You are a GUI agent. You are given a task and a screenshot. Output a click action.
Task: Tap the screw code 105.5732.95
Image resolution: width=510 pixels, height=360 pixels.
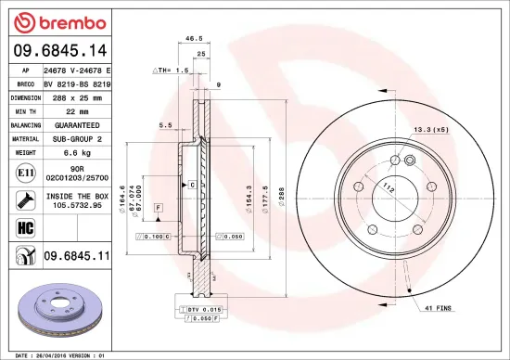pos(77,206)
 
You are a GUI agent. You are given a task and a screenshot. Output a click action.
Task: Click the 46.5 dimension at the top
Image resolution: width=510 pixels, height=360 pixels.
pos(194,39)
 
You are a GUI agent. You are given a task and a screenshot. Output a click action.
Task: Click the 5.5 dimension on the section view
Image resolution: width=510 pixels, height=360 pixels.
pos(165,124)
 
